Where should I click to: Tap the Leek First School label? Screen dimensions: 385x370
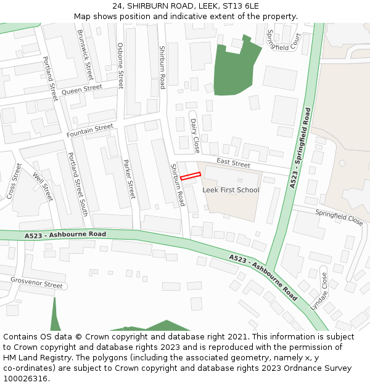click(231, 190)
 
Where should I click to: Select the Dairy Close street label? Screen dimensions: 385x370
click(195, 136)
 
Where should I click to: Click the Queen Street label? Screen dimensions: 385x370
click(81, 90)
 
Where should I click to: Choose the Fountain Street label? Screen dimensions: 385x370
click(90, 130)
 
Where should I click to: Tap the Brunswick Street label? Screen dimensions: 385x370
click(85, 55)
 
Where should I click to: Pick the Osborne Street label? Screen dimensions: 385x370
click(121, 65)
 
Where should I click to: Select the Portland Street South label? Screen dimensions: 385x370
click(77, 184)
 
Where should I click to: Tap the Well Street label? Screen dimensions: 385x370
click(43, 187)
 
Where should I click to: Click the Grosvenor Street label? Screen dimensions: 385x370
click(36, 283)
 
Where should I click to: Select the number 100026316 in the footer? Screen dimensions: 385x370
click(26, 378)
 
